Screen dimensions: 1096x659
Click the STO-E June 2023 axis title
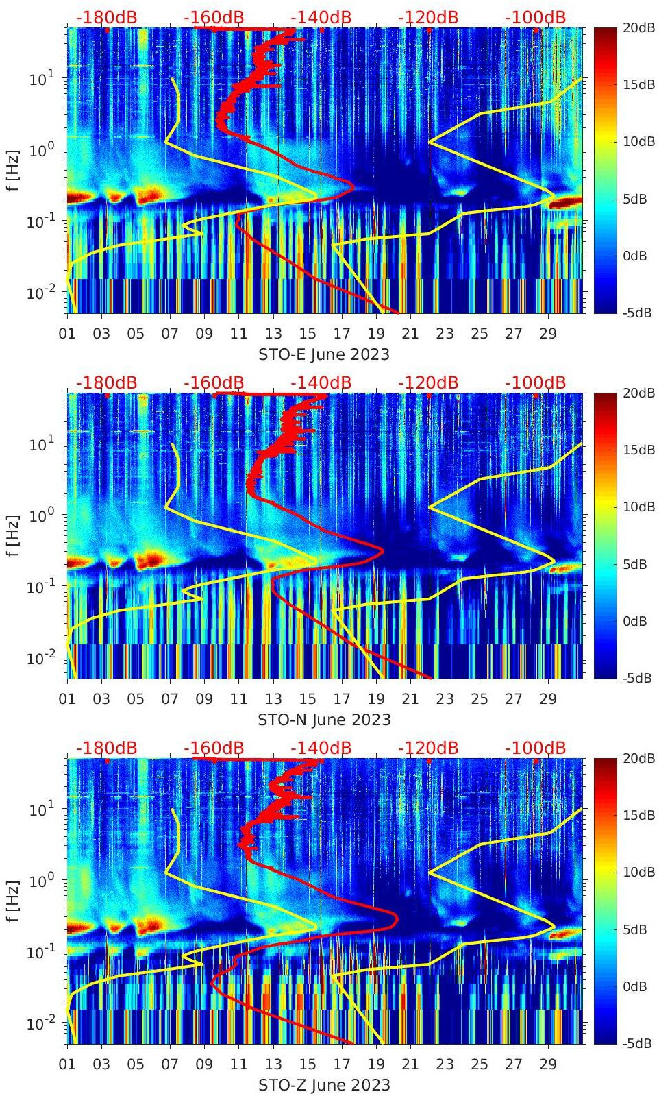[323, 354]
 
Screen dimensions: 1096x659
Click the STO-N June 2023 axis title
[324, 720]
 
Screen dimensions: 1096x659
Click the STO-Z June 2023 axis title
[324, 1085]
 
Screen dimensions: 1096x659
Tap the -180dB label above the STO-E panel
[106, 17]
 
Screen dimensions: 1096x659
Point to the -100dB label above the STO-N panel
[535, 382]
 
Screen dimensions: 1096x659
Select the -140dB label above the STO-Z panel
[321, 748]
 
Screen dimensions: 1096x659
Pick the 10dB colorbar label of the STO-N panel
[638, 507]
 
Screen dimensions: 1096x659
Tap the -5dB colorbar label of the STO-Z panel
[636, 1043]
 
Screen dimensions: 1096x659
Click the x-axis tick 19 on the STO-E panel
[376, 334]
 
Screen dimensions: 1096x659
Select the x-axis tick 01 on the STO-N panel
[67, 699]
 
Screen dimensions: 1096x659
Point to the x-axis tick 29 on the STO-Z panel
[547, 1064]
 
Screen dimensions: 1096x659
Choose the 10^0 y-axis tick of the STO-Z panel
[42, 880]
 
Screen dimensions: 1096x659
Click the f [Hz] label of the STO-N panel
[13, 536]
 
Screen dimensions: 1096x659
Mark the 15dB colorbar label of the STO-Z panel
[638, 815]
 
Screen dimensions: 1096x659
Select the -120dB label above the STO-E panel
[428, 17]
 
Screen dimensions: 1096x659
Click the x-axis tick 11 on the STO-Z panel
[238, 1064]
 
